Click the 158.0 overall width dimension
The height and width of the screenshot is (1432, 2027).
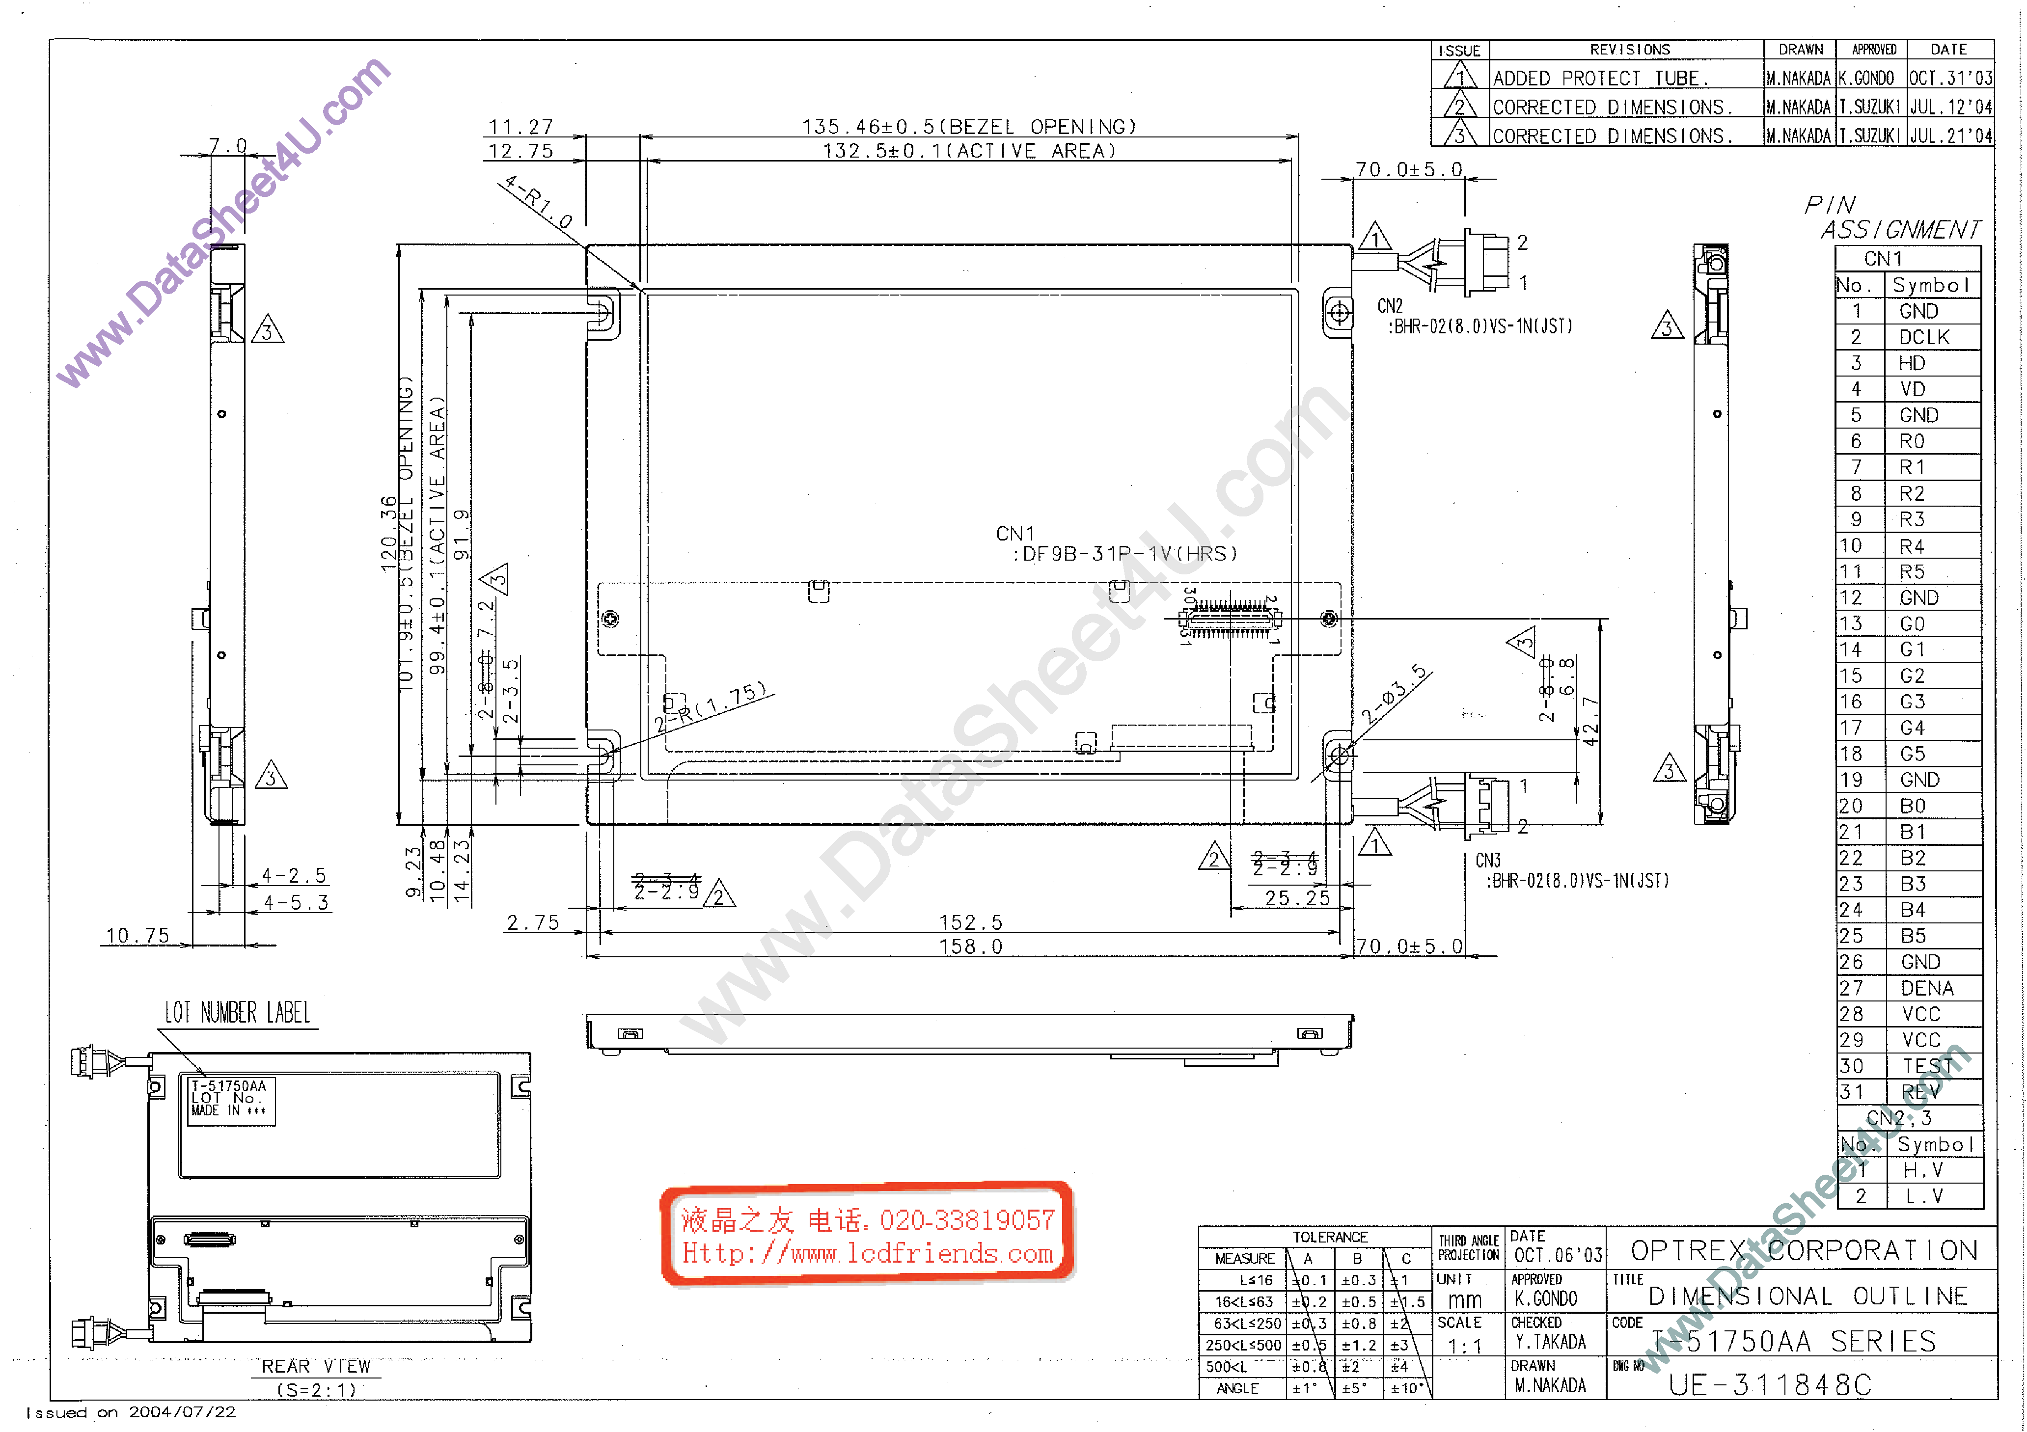[970, 946]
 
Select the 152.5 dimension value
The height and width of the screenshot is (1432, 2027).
[970, 922]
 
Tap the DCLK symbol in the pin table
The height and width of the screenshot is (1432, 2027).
[1924, 337]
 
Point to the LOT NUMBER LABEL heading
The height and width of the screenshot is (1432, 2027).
[238, 1013]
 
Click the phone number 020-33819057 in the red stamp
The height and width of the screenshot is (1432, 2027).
[967, 1220]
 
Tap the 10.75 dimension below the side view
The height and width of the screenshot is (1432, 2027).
[137, 936]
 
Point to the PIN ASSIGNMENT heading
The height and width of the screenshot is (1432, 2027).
[1892, 217]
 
